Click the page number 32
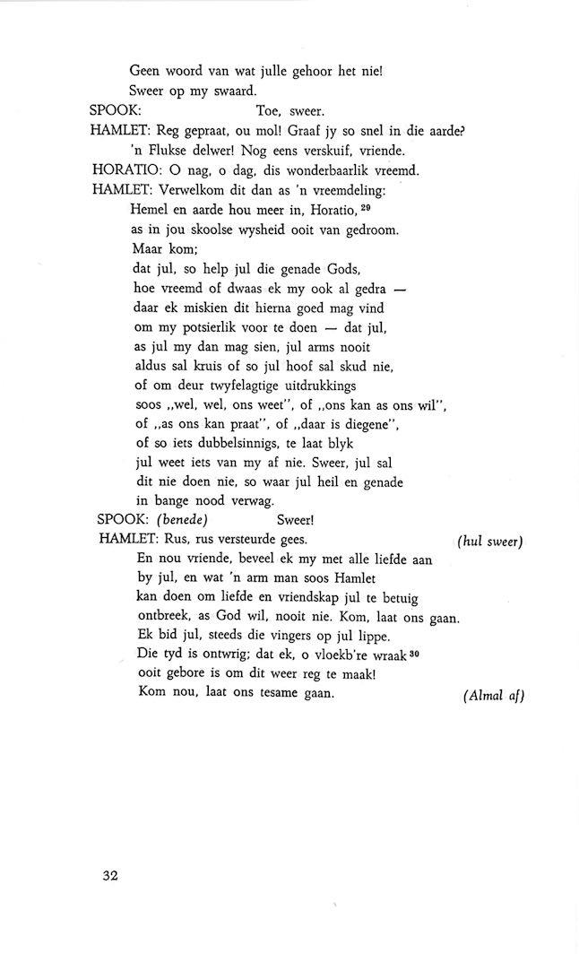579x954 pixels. (x=110, y=875)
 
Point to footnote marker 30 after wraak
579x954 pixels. (x=414, y=652)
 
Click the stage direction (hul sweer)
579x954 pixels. (x=489, y=541)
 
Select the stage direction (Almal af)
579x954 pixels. (x=494, y=697)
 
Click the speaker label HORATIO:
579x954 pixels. (x=128, y=169)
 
